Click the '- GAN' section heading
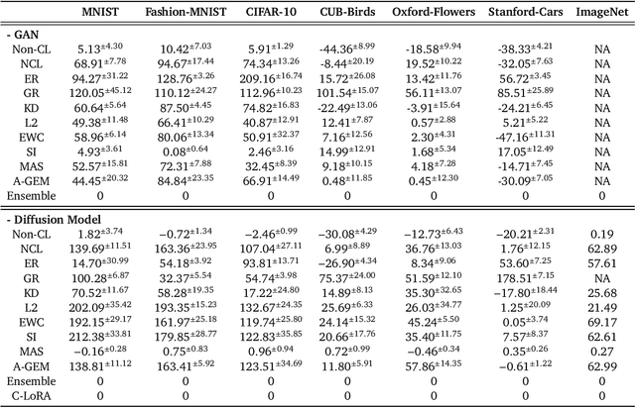27,33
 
